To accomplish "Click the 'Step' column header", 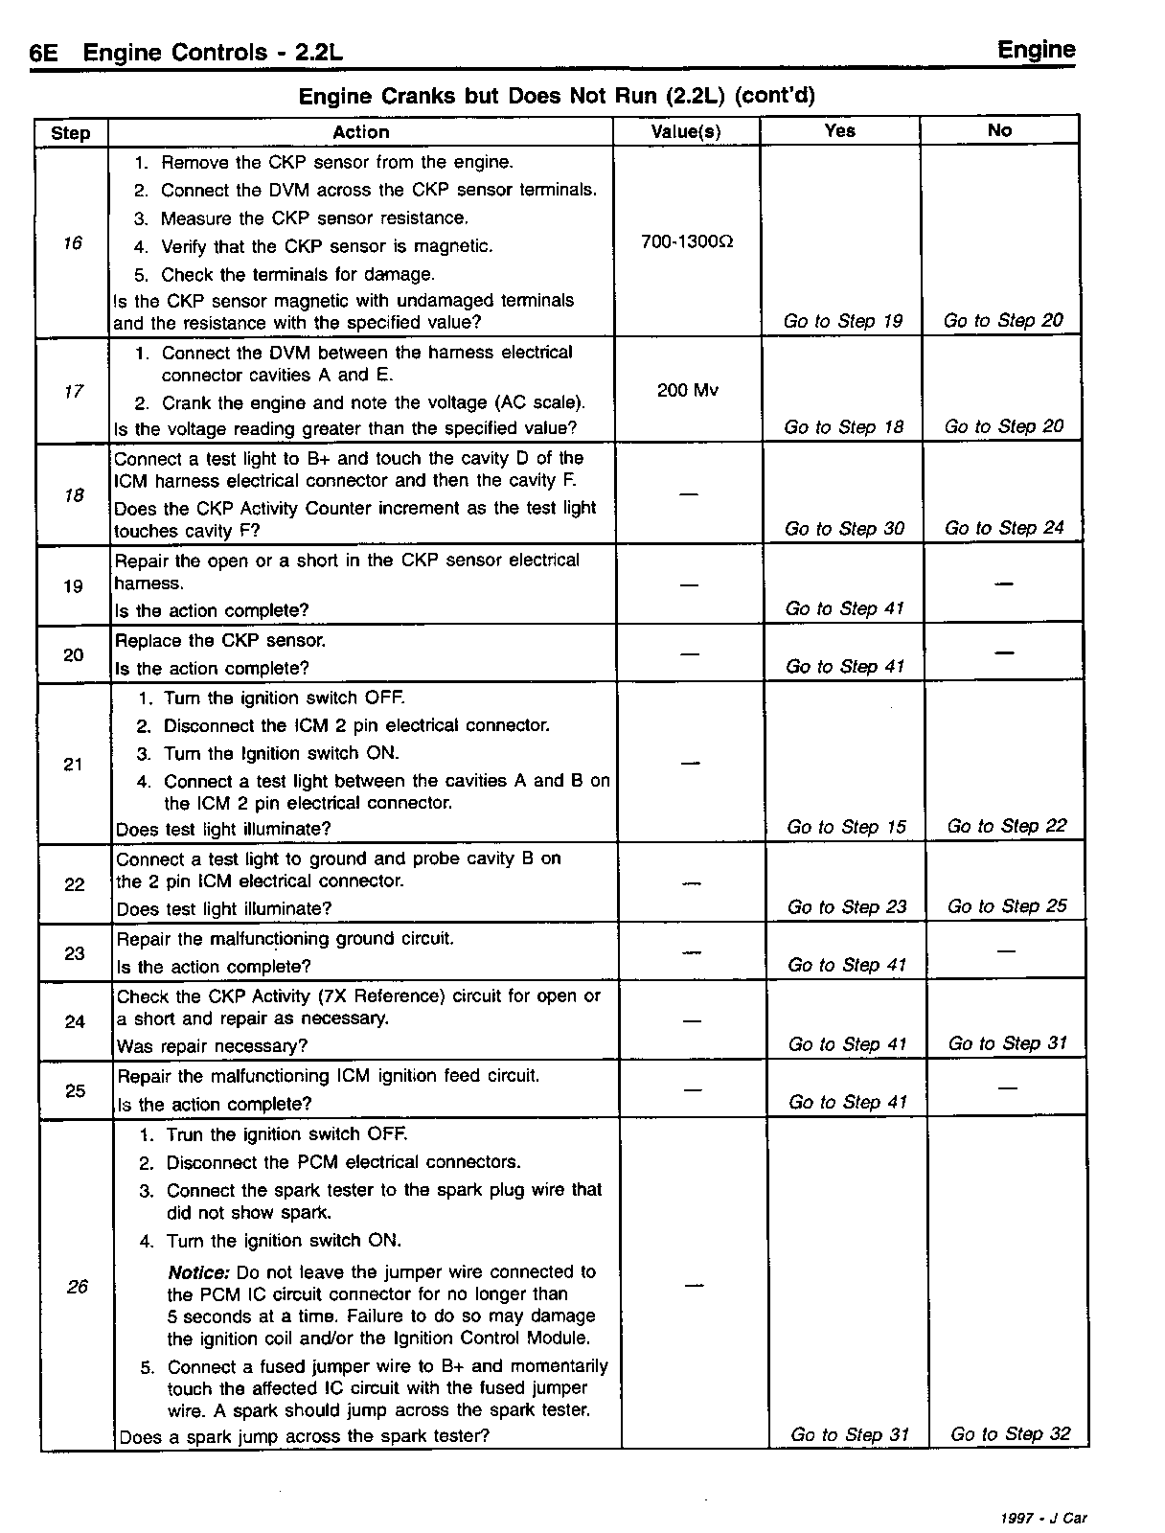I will click(71, 133).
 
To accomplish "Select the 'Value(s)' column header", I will click(686, 132).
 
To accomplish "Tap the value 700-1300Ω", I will click(687, 241).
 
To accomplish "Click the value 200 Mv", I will click(688, 391).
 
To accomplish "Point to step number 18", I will click(74, 495).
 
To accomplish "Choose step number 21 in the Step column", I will click(74, 765).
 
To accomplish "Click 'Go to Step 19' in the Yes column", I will click(843, 321).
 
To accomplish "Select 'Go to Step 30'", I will click(844, 529).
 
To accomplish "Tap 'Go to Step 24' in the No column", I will click(1004, 528).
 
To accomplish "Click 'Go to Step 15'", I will click(846, 827).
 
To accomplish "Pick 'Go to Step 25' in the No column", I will click(1007, 906).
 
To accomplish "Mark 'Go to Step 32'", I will click(1011, 1434).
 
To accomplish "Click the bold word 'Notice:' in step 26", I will click(198, 1272).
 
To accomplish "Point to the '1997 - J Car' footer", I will click(1043, 1518).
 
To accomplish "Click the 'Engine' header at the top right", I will click(1036, 50).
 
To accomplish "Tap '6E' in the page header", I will click(44, 54).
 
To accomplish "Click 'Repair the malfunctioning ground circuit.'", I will click(285, 939).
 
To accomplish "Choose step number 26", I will click(78, 1287).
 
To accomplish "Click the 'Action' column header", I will click(360, 132).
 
